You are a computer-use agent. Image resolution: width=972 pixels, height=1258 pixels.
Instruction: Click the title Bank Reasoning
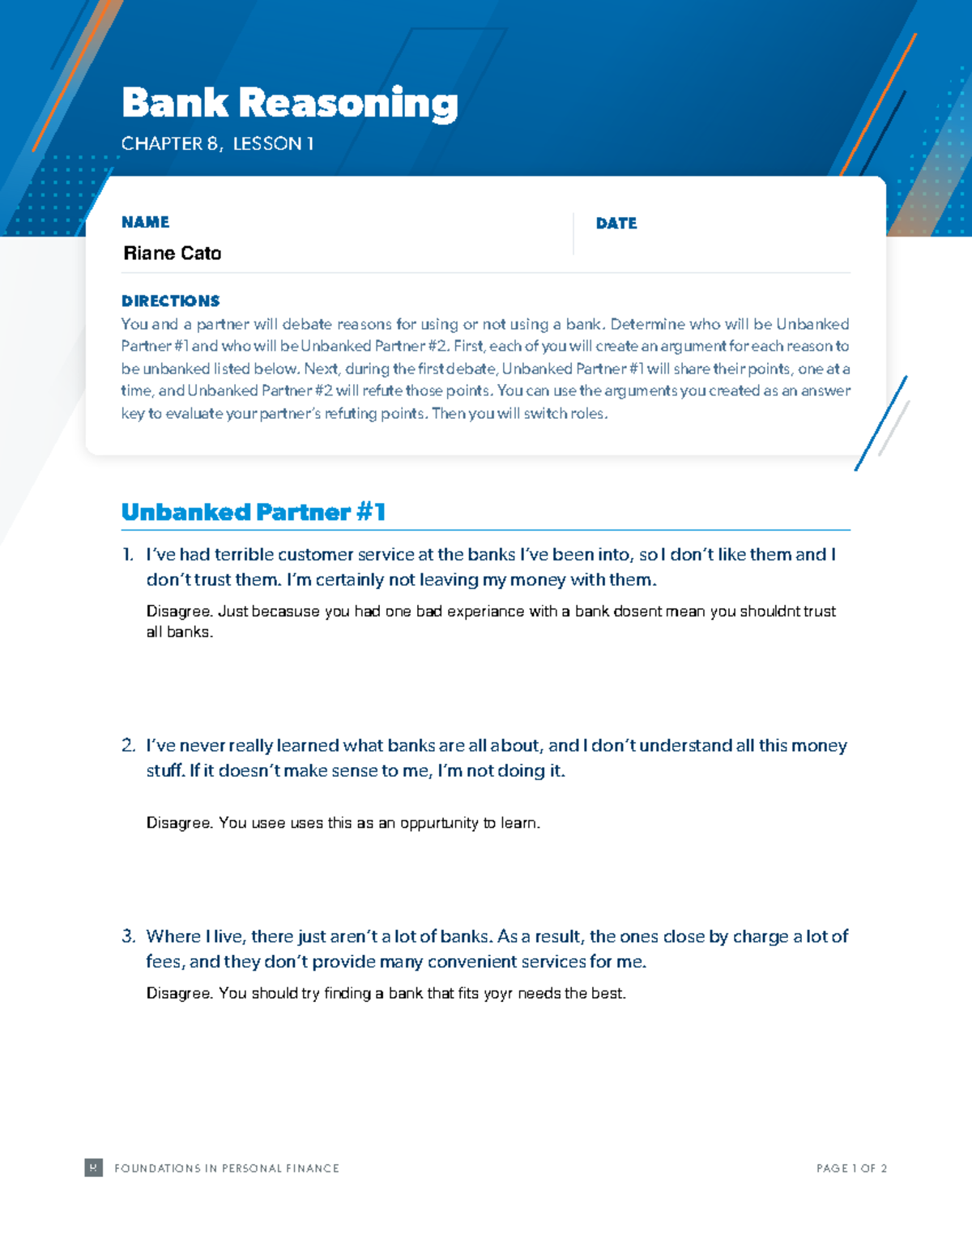point(289,104)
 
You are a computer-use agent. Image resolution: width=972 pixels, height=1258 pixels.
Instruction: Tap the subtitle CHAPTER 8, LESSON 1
point(217,144)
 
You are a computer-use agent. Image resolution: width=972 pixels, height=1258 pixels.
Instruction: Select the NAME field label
point(145,222)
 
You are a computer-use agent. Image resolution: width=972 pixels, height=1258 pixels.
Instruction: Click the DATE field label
point(616,224)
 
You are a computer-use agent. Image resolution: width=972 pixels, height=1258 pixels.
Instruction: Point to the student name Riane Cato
point(172,254)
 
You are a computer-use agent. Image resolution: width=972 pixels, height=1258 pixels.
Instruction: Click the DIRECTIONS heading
point(170,301)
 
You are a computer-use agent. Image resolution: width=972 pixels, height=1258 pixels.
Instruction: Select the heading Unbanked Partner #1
point(253,512)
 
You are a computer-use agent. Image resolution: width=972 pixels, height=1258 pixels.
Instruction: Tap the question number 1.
point(127,555)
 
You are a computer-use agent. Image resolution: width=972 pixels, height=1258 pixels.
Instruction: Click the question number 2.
point(128,745)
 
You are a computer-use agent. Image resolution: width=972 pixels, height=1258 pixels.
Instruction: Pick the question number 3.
point(128,936)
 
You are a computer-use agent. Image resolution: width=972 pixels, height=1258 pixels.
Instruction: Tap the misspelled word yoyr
point(498,994)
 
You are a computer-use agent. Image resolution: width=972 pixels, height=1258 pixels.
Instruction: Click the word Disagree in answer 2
point(179,823)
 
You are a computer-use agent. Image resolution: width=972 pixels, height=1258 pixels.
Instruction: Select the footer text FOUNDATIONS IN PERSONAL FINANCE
point(227,1168)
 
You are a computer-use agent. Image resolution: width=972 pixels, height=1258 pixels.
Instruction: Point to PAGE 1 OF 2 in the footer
point(851,1168)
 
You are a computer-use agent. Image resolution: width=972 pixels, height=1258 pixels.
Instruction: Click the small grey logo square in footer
point(94,1167)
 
